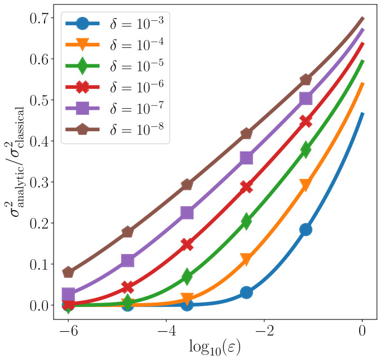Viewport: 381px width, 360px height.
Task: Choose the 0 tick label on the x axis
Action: [362, 332]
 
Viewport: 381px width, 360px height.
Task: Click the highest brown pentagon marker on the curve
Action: [305, 79]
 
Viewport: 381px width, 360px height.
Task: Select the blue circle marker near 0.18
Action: [305, 229]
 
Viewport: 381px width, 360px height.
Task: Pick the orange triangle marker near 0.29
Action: [305, 185]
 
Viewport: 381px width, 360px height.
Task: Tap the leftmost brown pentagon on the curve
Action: [68, 272]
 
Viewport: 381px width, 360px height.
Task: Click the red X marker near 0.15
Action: [187, 244]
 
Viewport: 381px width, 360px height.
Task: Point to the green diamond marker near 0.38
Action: [305, 149]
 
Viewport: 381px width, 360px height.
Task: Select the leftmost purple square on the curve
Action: [68, 295]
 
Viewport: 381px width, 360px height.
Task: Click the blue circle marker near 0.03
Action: [246, 292]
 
